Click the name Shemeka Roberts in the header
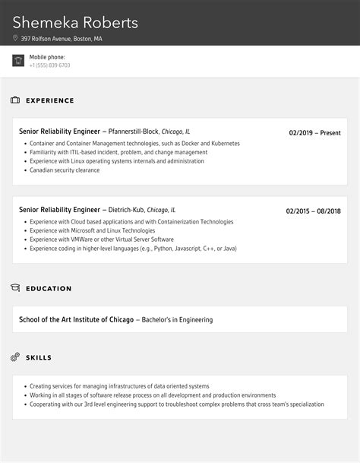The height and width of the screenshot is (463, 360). tap(75, 23)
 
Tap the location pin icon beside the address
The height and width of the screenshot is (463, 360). tap(15, 38)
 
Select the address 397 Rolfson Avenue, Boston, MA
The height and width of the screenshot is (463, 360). tap(62, 38)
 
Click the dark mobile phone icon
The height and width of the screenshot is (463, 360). tap(18, 61)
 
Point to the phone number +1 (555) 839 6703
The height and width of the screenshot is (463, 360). tap(50, 65)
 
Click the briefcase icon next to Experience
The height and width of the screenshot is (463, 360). tap(15, 100)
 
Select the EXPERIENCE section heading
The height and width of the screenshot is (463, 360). tap(50, 100)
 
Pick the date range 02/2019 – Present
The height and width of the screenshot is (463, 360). tap(314, 132)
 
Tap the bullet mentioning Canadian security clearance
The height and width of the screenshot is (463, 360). tap(65, 170)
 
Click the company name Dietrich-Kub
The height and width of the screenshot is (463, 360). tap(127, 210)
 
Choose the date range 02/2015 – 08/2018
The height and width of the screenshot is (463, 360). tap(313, 211)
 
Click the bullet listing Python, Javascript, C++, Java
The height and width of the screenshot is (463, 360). tap(133, 249)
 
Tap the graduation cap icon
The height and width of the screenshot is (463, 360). tap(15, 288)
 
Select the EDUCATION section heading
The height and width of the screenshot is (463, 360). tap(49, 289)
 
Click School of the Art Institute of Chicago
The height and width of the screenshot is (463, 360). tap(76, 320)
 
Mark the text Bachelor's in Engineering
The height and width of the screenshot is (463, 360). tap(177, 320)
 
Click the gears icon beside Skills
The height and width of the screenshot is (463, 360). tap(15, 357)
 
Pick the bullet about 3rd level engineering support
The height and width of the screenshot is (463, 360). tap(176, 404)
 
